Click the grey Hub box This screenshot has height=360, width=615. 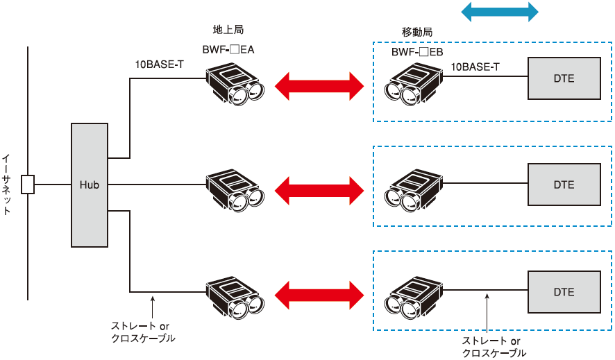coord(90,185)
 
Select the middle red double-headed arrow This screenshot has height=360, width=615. coord(319,188)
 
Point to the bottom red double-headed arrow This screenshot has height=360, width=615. coord(319,291)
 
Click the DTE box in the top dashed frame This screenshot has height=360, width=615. coord(564,78)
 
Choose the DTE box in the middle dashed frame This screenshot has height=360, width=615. coord(564,185)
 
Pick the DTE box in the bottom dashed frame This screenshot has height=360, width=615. coord(564,292)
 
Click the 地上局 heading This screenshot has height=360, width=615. coord(228,30)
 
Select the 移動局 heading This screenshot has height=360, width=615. coord(417,33)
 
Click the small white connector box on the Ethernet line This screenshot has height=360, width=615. coord(28,185)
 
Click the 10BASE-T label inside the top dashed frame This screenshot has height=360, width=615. coord(475,67)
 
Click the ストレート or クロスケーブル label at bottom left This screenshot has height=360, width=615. coord(143,332)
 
